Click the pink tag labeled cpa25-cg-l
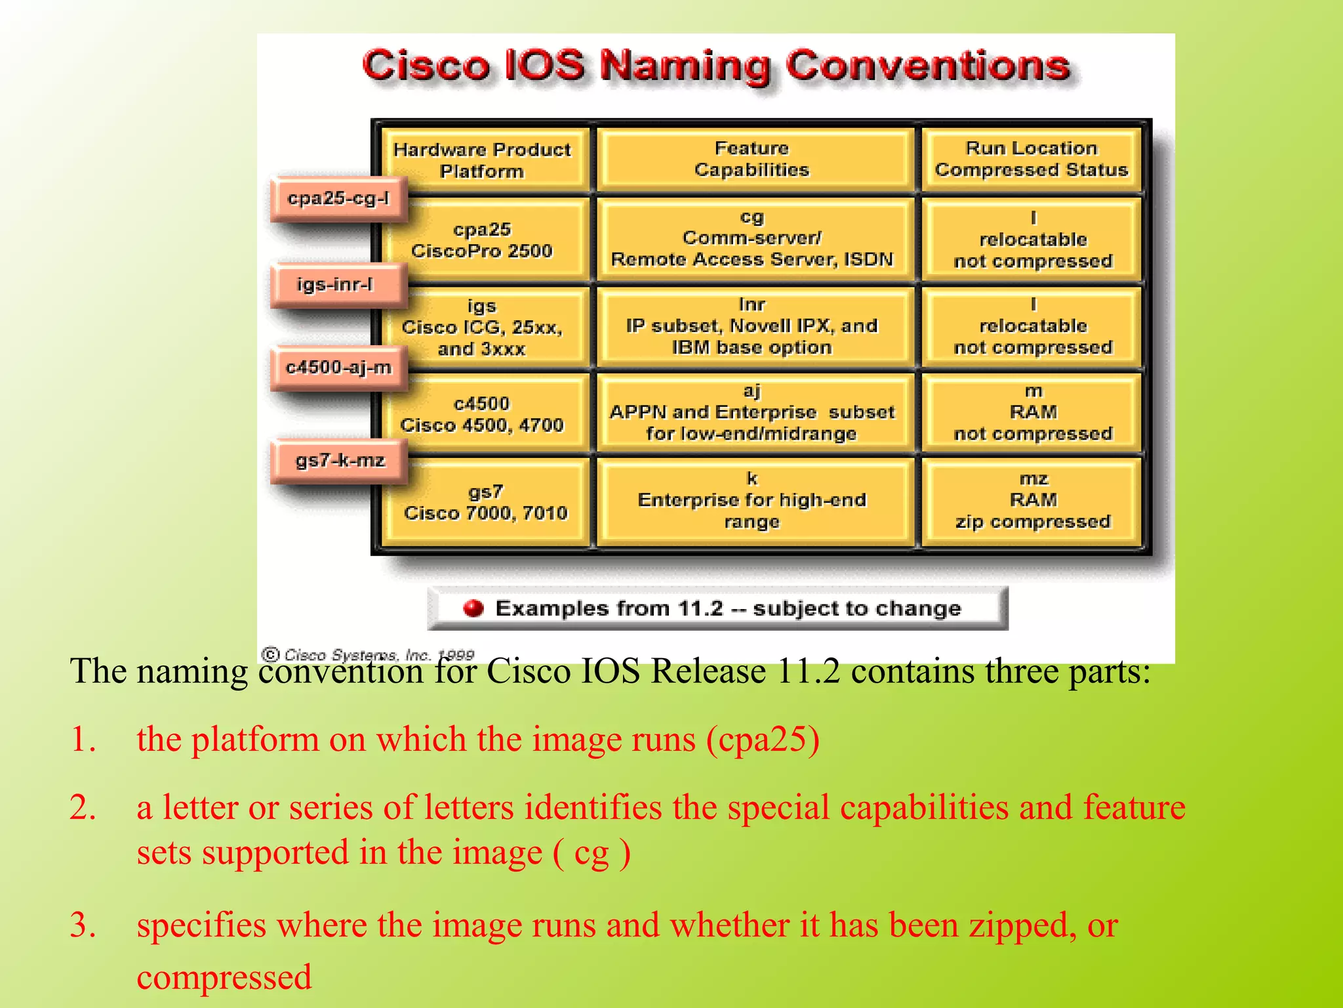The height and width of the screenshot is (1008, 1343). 338,198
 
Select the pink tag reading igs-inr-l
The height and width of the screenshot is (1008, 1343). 336,285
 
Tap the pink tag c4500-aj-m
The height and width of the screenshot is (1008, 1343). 338,367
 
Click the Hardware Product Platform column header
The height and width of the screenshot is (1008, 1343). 482,160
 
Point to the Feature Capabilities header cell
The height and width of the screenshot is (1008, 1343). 752,159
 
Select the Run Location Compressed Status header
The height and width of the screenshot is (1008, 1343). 1032,159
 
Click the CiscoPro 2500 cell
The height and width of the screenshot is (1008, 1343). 482,240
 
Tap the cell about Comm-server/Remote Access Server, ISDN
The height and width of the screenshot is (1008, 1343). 752,239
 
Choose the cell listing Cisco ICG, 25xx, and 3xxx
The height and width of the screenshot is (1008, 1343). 482,327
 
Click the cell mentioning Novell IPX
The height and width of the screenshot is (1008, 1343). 752,326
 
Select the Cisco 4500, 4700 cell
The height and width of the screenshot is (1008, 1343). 482,414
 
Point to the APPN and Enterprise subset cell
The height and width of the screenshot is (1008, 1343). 752,413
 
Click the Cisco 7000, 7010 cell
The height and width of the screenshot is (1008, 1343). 485,503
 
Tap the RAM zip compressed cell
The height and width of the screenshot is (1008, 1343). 1033,501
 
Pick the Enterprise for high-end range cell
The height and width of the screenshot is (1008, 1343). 752,501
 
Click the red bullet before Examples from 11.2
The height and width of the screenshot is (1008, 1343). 473,608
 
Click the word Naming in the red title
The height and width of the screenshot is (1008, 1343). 685,67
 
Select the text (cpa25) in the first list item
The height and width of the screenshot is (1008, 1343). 763,740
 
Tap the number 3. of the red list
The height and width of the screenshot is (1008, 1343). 83,925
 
